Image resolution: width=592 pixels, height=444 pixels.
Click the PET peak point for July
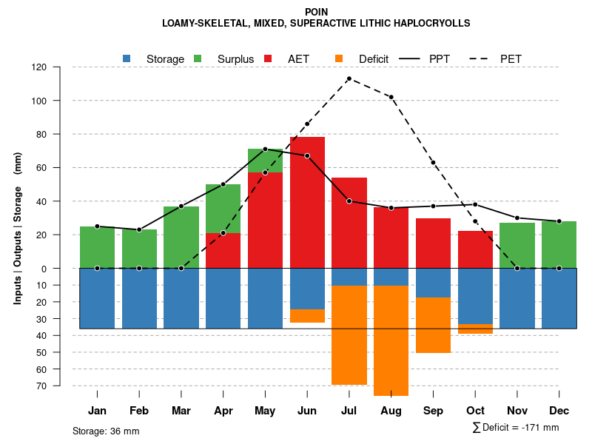(349, 78)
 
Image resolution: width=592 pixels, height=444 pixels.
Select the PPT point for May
(265, 149)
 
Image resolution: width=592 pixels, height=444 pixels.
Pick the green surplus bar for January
(97, 247)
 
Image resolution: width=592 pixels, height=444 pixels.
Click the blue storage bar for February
(139, 298)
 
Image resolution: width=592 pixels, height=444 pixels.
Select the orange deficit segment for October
(475, 329)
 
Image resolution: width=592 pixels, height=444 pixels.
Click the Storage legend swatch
(127, 58)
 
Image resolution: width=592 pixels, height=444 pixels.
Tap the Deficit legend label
(374, 59)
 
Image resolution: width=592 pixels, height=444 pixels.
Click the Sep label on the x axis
(434, 411)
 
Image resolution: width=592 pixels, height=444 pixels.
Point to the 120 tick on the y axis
(60, 67)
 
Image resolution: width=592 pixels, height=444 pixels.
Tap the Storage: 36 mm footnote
(106, 431)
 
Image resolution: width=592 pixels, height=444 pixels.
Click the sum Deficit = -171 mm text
(516, 428)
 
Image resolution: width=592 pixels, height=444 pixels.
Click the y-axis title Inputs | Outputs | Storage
(18, 229)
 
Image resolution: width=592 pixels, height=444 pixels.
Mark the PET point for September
(434, 163)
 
